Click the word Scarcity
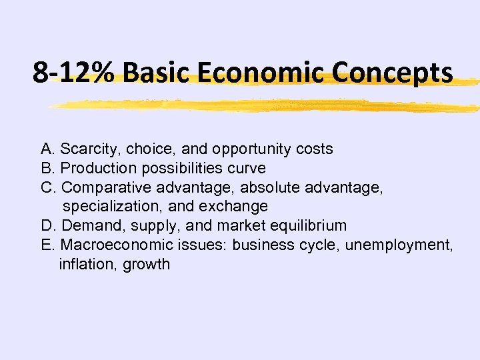tap(89, 149)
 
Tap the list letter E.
tap(47, 245)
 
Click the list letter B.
tap(47, 168)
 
